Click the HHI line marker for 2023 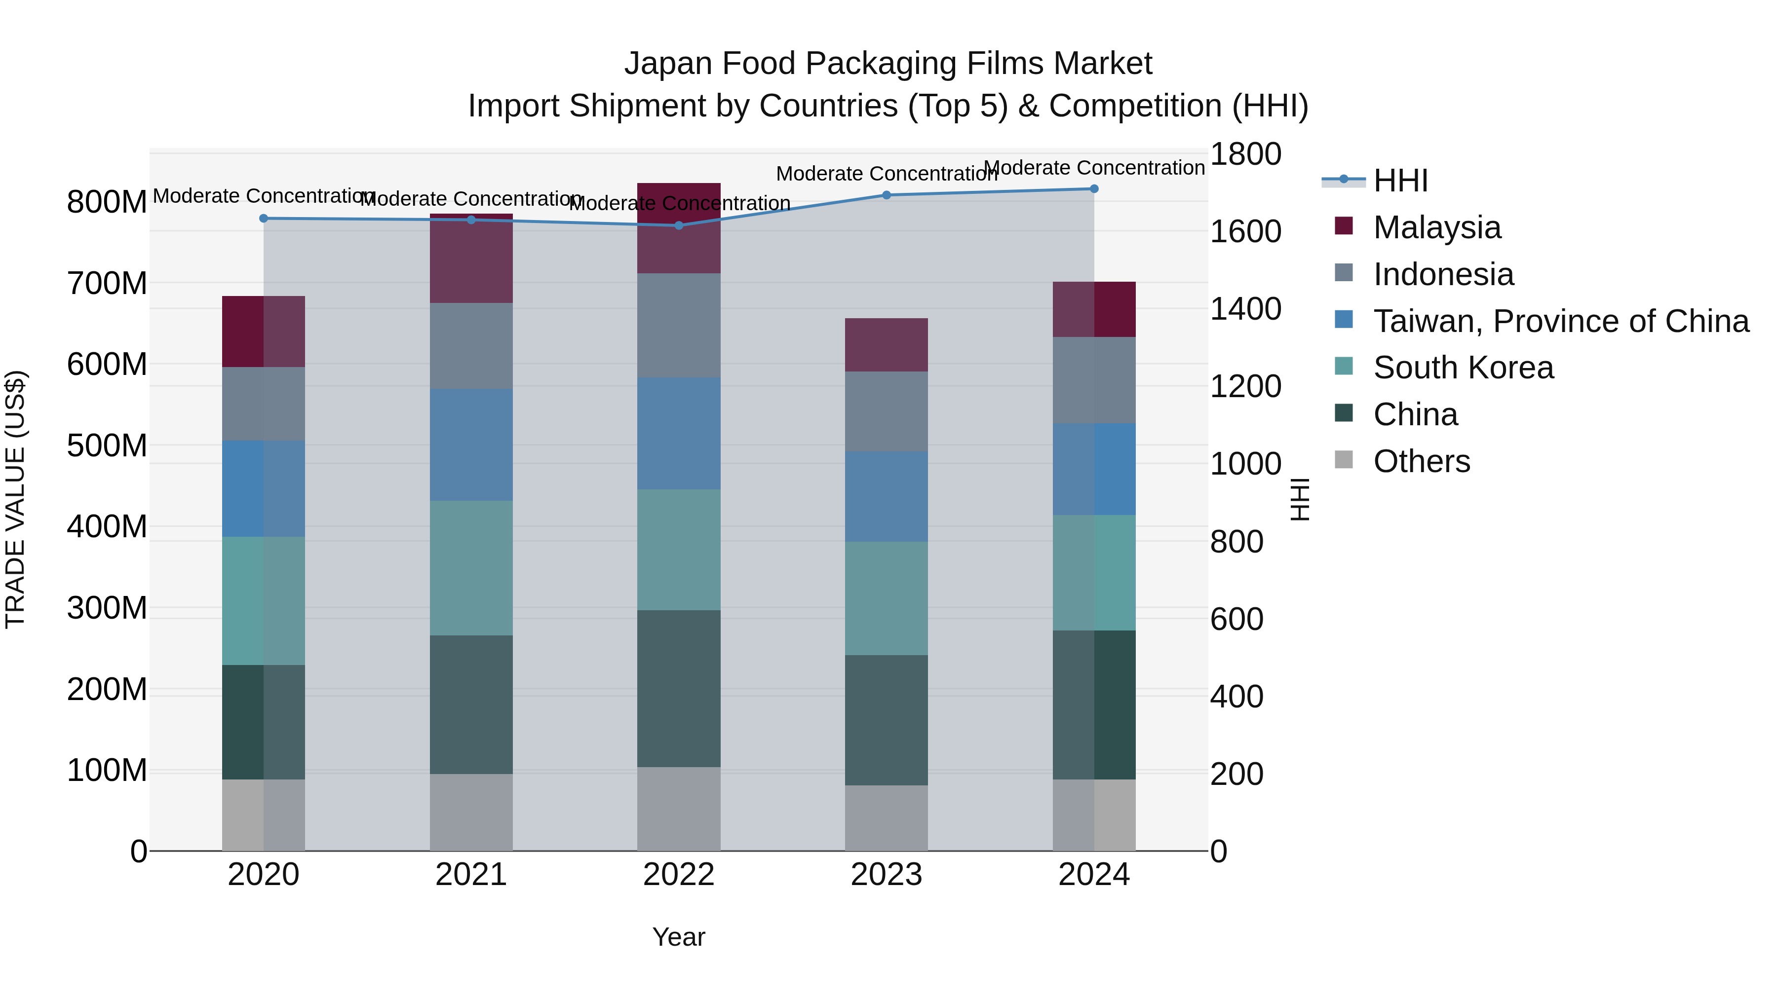(887, 195)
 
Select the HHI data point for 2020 (264, 219)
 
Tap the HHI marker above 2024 (1094, 189)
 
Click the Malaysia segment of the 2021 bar (471, 259)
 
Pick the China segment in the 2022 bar (679, 688)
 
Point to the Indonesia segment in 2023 (887, 411)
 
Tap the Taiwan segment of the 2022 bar (679, 433)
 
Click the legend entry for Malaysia (1437, 227)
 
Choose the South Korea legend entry (1463, 368)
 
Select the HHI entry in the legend (1400, 181)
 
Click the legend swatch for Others (1344, 460)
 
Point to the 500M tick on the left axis (107, 445)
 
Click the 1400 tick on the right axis (1245, 309)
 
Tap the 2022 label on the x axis (679, 875)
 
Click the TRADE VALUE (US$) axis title (16, 499)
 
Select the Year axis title (679, 937)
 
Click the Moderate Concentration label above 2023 (887, 174)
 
